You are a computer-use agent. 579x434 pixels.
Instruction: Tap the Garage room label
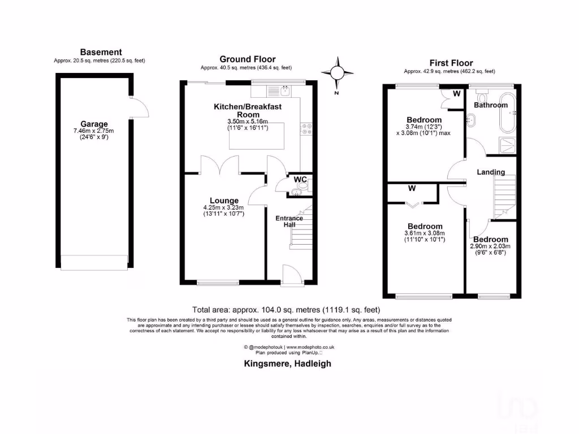[x=94, y=124]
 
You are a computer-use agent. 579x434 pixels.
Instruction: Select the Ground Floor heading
[x=247, y=59]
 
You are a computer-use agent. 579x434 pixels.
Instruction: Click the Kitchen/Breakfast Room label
[x=247, y=110]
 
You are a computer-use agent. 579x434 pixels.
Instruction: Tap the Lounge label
[x=224, y=200]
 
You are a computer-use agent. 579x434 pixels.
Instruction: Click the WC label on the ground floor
[x=300, y=180]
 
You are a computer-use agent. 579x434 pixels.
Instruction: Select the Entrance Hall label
[x=289, y=222]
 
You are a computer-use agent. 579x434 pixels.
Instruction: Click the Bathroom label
[x=490, y=105]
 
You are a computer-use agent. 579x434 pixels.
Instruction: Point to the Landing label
[x=490, y=172]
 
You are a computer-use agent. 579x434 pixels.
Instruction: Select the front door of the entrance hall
[x=291, y=275]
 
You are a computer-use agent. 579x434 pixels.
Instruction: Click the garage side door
[x=138, y=107]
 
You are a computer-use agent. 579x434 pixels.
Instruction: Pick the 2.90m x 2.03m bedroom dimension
[x=490, y=246]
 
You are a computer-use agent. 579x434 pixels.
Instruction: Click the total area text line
[x=286, y=310]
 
